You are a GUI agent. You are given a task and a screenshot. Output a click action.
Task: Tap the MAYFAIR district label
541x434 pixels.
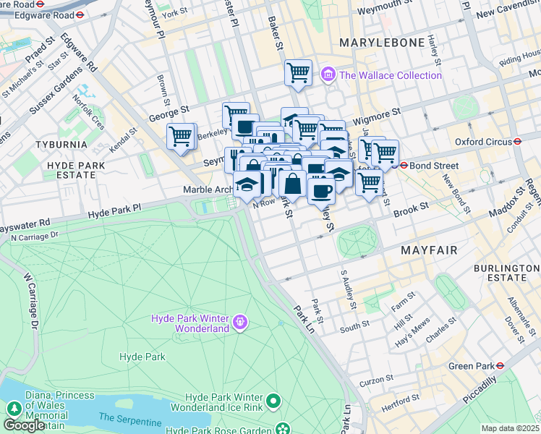click(x=430, y=250)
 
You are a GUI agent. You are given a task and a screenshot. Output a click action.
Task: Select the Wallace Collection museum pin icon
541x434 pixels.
click(x=329, y=75)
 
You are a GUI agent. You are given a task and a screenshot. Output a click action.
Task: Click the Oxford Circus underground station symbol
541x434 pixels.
click(x=518, y=142)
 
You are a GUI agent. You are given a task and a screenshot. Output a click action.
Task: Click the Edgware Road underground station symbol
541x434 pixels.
click(x=80, y=14)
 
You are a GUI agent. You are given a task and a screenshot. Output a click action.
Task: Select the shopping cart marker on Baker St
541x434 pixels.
click(x=298, y=73)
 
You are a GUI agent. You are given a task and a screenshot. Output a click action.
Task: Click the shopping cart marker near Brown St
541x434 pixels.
click(x=181, y=136)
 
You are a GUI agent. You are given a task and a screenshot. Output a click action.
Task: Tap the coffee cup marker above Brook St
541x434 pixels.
click(x=321, y=190)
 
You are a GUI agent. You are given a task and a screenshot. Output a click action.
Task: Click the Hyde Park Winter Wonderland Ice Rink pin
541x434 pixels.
click(x=273, y=400)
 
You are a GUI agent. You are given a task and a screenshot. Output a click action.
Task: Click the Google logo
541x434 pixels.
click(x=24, y=425)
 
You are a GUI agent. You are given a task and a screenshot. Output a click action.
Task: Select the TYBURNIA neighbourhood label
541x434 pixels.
click(x=61, y=144)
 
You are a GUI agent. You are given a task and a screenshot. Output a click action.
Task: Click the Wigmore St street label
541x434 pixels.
click(x=376, y=114)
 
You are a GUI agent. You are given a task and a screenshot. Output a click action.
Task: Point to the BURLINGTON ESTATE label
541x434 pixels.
click(x=500, y=273)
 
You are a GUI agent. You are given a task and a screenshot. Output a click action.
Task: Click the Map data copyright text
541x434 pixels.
click(x=511, y=428)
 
